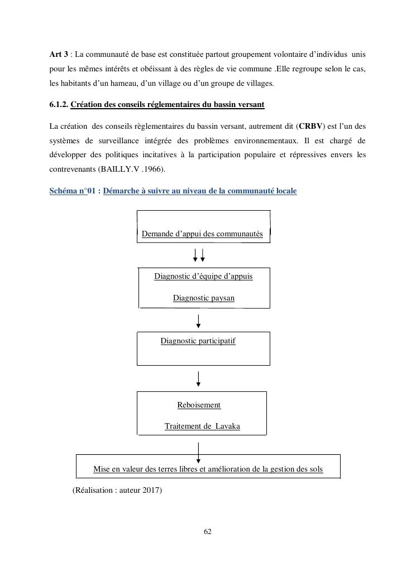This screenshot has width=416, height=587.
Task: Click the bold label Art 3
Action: point(59,54)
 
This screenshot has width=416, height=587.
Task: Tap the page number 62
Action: point(208,532)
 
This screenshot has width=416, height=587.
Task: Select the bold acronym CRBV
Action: point(311,126)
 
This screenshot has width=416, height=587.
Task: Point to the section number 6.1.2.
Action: point(59,105)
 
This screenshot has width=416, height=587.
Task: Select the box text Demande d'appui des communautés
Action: point(202,234)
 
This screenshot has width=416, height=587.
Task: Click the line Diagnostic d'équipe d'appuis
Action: point(203,276)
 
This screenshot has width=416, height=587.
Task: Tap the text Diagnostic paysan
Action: point(203,298)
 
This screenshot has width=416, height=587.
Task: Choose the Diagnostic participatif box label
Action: point(198,341)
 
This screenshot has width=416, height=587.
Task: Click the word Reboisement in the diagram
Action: point(199,405)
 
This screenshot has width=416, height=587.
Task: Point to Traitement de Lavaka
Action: point(202,426)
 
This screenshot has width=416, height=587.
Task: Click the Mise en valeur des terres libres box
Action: point(208,469)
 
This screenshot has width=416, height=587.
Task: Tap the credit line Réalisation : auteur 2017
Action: point(117,491)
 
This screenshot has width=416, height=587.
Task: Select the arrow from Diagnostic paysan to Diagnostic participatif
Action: point(198,321)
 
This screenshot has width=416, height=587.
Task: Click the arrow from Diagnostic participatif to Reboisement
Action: point(198,379)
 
